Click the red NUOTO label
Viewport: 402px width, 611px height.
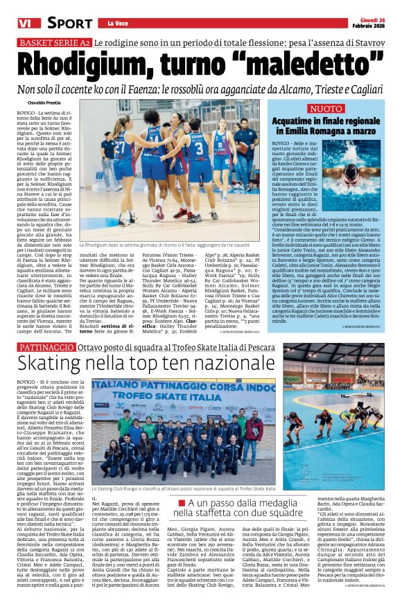click(326, 109)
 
